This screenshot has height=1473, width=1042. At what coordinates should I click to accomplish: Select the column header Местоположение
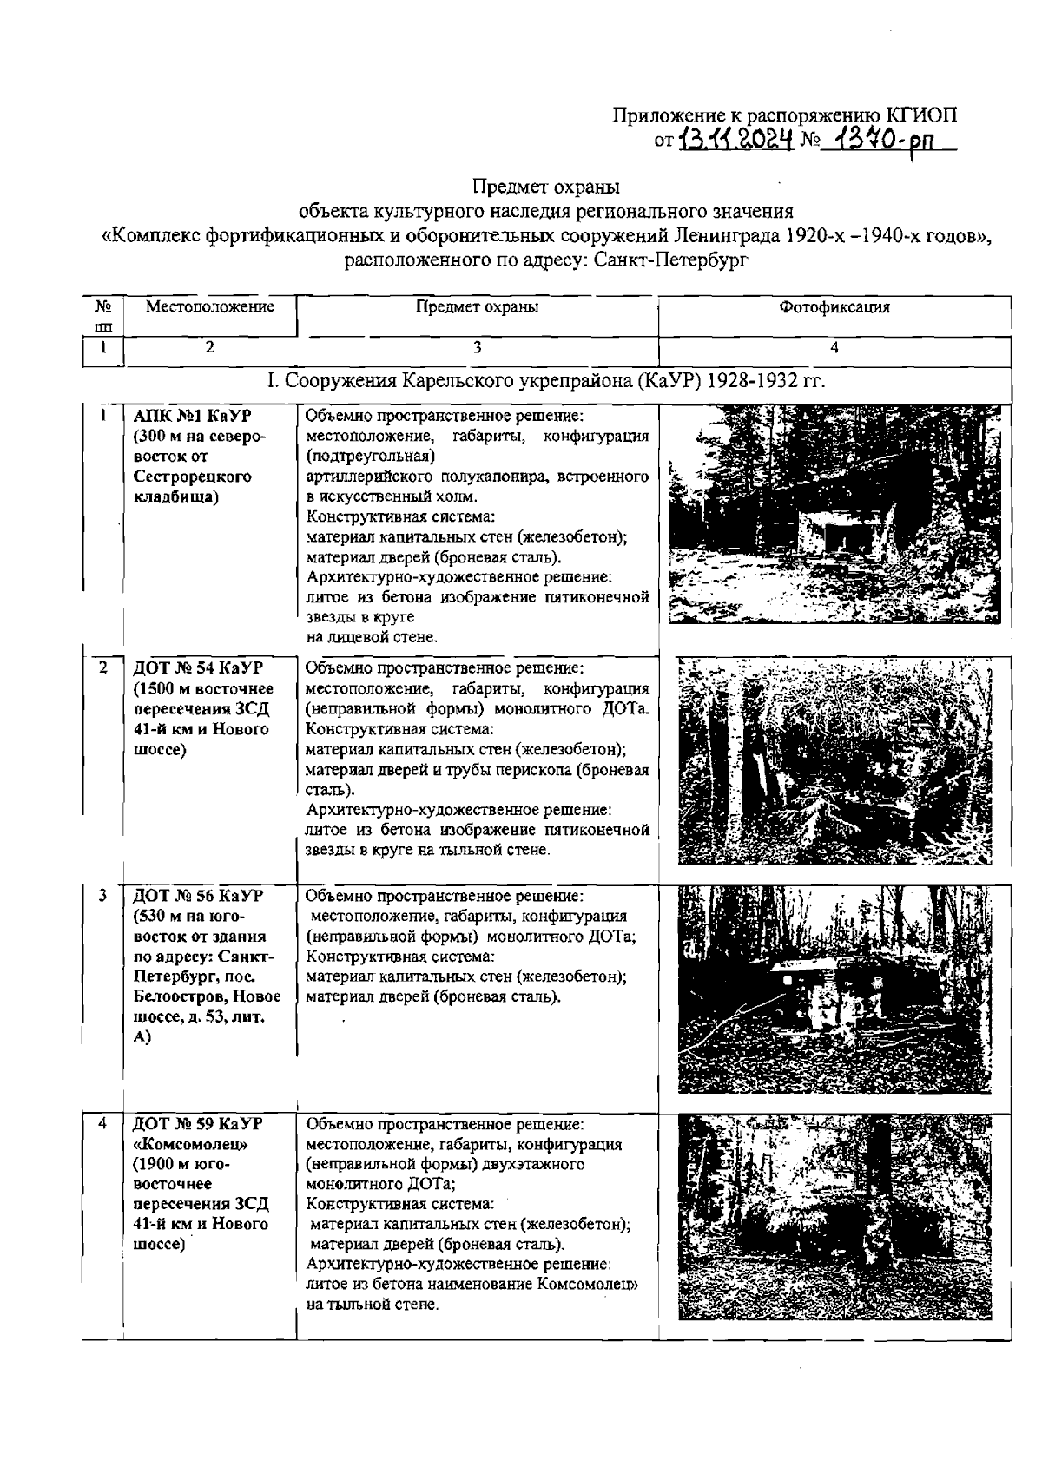pos(210,306)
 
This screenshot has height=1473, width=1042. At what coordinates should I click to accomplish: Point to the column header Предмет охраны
pos(477,306)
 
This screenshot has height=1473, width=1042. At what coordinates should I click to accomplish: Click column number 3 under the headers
pos(477,347)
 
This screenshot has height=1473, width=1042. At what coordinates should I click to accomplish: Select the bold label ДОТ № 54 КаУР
pos(197,667)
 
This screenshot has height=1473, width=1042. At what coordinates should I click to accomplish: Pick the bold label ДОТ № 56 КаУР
pos(197,895)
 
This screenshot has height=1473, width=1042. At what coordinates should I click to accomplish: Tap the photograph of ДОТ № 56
pos(833,989)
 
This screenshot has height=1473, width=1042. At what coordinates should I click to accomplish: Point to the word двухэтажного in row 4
pos(530,1163)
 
